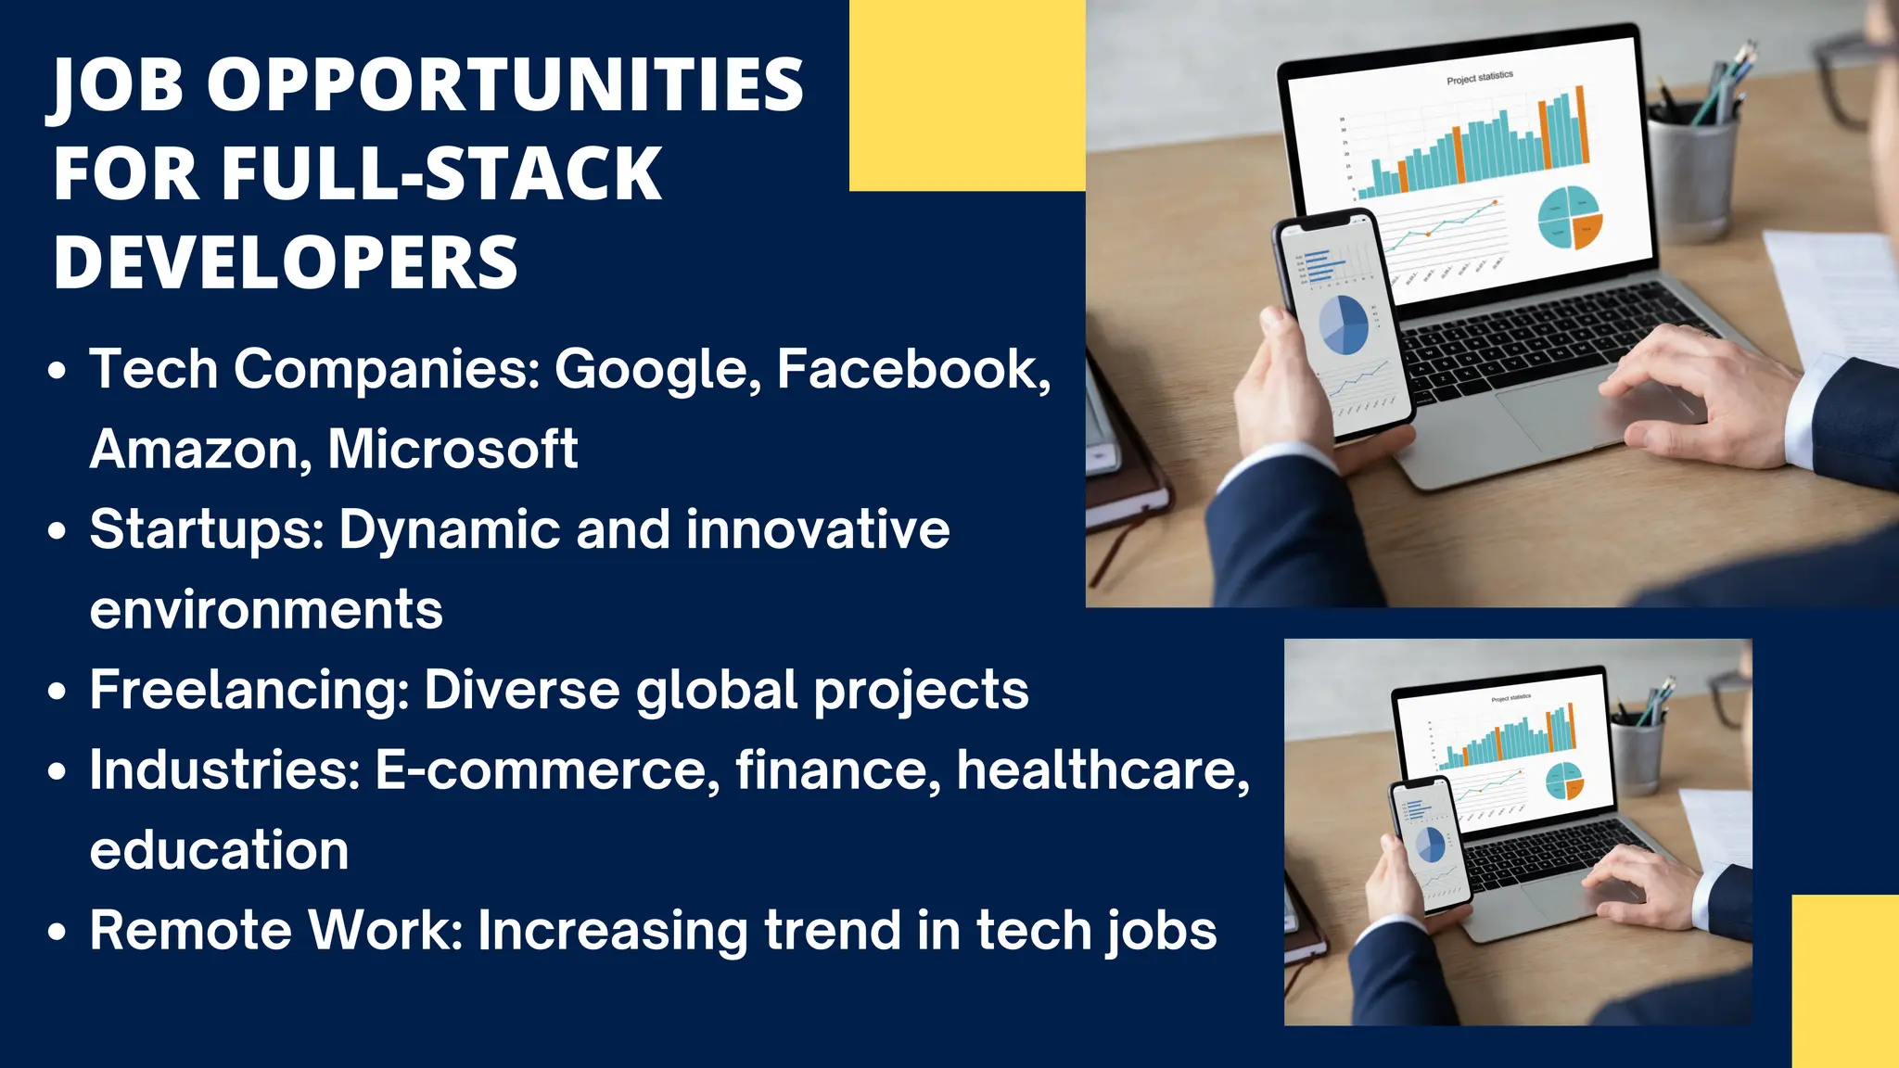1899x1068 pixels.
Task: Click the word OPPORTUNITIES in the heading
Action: [504, 85]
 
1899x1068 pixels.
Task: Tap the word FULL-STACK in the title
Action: [440, 173]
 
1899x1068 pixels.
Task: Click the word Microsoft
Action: [452, 450]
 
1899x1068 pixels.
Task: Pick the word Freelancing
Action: [249, 691]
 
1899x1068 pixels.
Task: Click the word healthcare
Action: [1102, 770]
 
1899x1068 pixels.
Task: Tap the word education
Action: [219, 851]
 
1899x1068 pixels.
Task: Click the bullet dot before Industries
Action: [57, 771]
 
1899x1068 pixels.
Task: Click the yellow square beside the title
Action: [966, 95]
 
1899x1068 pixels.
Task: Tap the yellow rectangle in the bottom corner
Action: [1844, 980]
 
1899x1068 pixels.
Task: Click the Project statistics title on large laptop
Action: [1479, 78]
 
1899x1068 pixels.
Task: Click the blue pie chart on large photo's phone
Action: [1345, 325]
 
